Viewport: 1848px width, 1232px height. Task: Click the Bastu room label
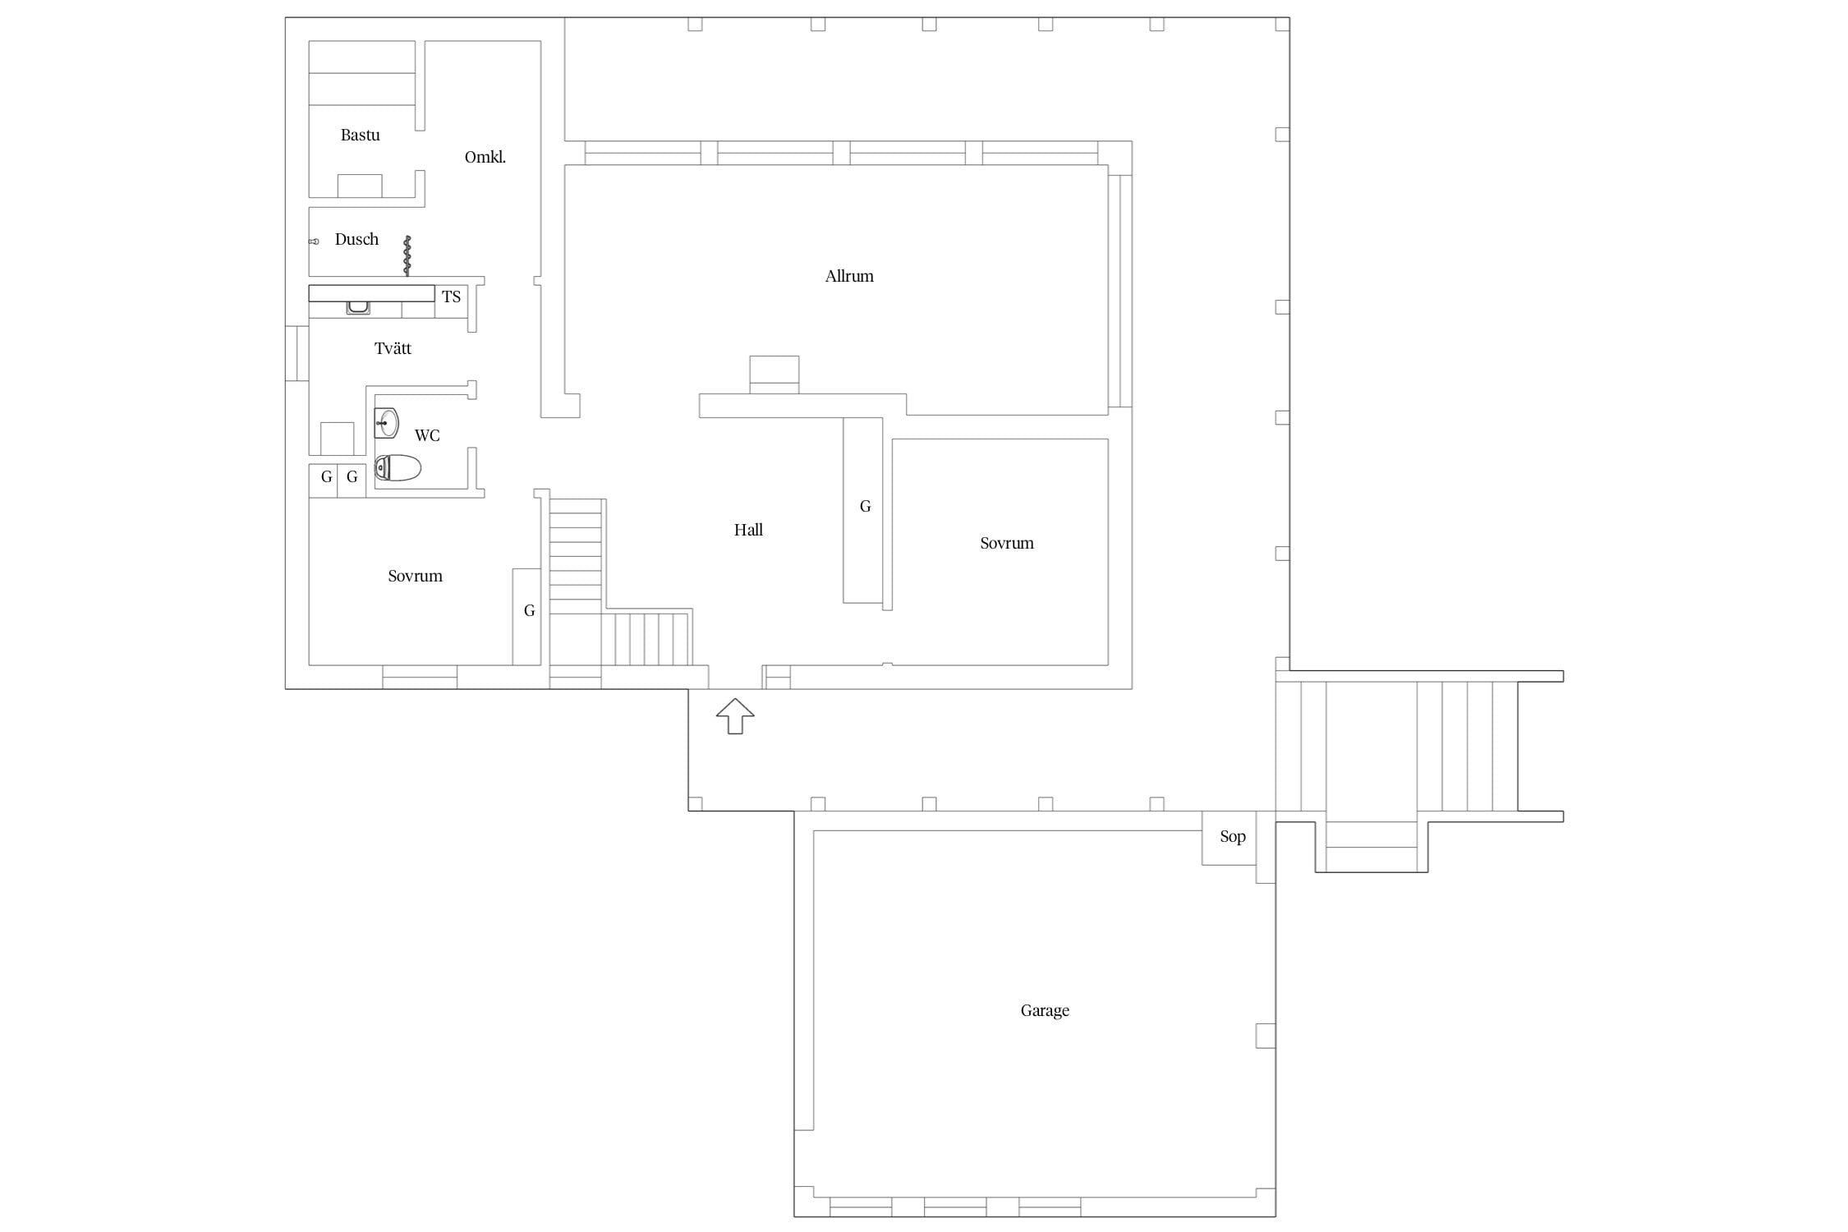(x=360, y=135)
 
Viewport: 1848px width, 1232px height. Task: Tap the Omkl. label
(x=485, y=157)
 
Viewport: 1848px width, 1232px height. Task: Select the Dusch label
(x=356, y=239)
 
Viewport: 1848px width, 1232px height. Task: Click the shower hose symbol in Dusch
(x=407, y=255)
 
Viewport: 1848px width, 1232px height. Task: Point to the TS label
(x=451, y=297)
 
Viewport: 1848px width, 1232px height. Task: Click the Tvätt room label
(x=393, y=348)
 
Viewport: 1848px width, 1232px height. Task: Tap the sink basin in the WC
(x=386, y=423)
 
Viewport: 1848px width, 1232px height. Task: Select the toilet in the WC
(x=398, y=468)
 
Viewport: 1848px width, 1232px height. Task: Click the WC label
(x=427, y=435)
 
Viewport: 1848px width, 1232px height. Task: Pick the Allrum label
(x=849, y=276)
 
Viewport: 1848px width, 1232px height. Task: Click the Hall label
(x=748, y=530)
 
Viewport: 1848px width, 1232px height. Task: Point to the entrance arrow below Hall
(x=735, y=716)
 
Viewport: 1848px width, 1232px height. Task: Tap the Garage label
(x=1045, y=1010)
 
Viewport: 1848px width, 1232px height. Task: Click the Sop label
(x=1233, y=836)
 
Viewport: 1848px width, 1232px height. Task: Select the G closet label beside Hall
(x=865, y=507)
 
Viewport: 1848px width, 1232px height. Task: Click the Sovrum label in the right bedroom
(x=1006, y=543)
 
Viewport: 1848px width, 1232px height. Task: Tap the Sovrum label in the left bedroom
(x=415, y=576)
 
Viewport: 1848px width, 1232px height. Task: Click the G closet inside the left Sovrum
(x=526, y=617)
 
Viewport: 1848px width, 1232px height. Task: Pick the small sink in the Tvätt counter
(x=357, y=308)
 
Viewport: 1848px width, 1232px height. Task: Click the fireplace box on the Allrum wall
(x=775, y=375)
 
